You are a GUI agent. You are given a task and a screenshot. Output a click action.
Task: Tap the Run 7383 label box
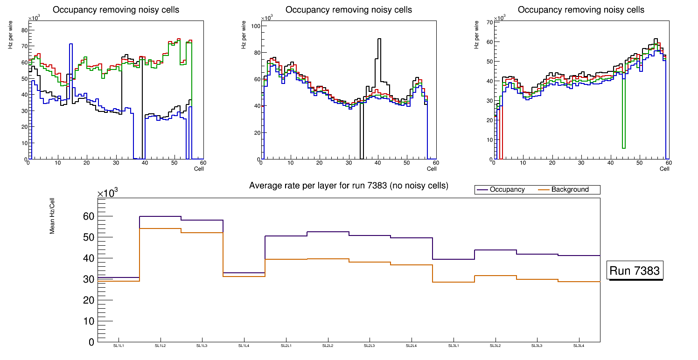tap(635, 271)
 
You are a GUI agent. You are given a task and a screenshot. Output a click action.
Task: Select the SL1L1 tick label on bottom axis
tap(119, 346)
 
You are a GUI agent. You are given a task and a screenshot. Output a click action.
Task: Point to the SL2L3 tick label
tap(370, 346)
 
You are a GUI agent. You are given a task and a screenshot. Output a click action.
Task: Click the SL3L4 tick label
tap(579, 346)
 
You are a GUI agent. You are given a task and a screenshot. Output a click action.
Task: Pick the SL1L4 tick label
tap(244, 346)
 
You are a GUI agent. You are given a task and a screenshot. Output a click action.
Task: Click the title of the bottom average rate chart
tap(349, 186)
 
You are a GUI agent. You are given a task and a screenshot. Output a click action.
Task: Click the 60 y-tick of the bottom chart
tap(89, 216)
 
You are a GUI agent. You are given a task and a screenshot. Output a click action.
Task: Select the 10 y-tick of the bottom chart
tap(89, 321)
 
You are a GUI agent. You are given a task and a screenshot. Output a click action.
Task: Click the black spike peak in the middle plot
tap(379, 39)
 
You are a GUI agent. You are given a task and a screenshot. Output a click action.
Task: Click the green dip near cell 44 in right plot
tap(623, 148)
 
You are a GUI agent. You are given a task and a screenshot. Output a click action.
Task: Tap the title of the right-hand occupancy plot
tap(581, 10)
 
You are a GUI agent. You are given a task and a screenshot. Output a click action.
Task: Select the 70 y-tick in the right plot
tap(489, 22)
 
